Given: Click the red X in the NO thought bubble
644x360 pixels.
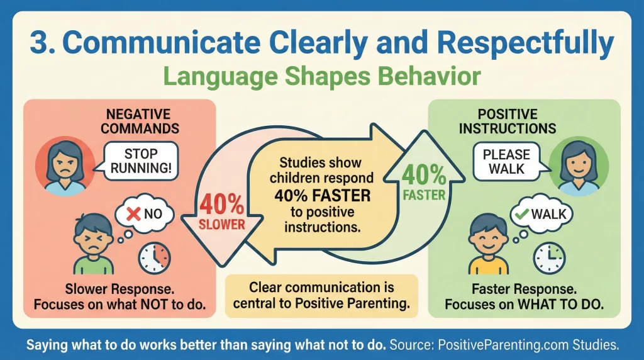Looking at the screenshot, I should pyautogui.click(x=133, y=214).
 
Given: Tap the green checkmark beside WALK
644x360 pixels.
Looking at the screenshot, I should pyautogui.click(x=521, y=214).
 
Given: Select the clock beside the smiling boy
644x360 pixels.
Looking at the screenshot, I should pyautogui.click(x=549, y=256).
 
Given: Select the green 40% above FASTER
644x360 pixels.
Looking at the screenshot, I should pyautogui.click(x=425, y=177).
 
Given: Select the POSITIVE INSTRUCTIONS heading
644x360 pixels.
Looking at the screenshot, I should pyautogui.click(x=507, y=121).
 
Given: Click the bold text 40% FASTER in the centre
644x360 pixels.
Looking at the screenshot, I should pyautogui.click(x=322, y=196).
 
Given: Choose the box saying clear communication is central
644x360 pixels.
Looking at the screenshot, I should pyautogui.click(x=321, y=296).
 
